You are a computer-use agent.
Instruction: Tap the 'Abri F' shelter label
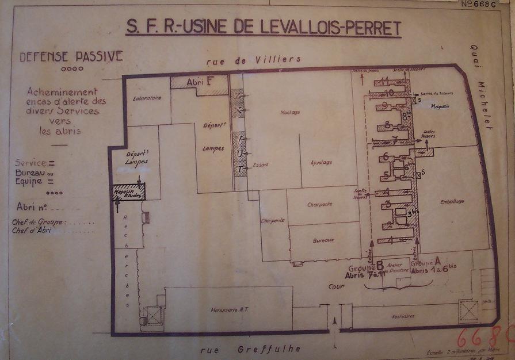point(200,81)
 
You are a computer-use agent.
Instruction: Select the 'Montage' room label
point(290,112)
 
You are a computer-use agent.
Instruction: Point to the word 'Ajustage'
point(321,162)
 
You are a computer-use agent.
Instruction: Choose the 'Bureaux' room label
point(324,240)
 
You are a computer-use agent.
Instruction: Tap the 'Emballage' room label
point(452,201)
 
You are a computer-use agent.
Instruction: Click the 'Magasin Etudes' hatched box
point(128,193)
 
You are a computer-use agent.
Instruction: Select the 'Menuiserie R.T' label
point(228,311)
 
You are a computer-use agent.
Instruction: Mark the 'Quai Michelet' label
point(482,86)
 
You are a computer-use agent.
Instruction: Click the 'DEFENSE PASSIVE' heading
point(71,56)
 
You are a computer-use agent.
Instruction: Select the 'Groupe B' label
point(366,268)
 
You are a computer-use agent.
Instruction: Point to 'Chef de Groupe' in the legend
point(38,222)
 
